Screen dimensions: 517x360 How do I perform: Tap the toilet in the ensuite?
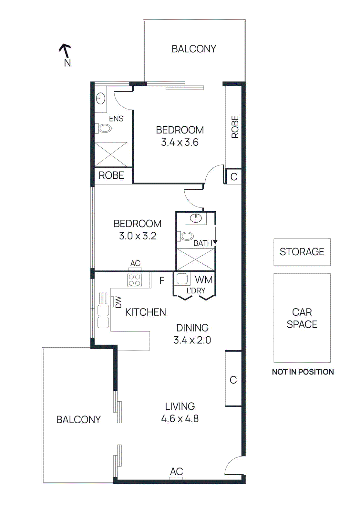104,128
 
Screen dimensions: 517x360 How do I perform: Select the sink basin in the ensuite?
101,99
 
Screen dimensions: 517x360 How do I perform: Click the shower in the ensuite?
111,154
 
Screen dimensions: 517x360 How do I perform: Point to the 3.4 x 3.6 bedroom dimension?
180,142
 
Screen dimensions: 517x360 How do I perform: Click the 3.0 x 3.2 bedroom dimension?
138,236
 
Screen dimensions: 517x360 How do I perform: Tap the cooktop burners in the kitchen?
134,280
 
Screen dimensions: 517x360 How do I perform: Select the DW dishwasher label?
118,302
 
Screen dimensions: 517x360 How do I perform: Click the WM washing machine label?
204,280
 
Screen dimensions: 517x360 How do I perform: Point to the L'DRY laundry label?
196,291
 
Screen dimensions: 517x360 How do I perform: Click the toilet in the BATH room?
186,236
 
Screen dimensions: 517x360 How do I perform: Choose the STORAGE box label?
302,252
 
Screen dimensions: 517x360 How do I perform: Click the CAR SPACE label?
302,318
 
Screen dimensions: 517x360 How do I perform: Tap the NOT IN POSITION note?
303,372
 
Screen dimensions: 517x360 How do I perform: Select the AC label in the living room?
176,472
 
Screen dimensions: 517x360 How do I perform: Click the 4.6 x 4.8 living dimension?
180,419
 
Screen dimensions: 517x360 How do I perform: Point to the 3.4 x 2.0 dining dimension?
192,340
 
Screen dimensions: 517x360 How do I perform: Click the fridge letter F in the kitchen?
162,280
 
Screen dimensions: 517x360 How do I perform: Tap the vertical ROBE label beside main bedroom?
235,127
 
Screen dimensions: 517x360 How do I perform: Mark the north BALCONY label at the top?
194,49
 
